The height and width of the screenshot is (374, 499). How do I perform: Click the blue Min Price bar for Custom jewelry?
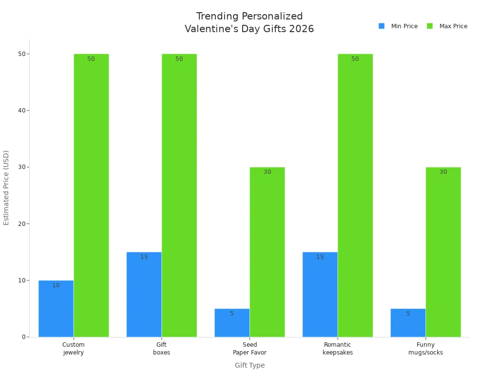click(56, 309)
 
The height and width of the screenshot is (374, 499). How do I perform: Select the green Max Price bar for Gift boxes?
click(179, 195)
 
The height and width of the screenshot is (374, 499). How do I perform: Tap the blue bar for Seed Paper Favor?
click(232, 323)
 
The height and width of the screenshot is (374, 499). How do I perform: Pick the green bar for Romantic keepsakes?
click(355, 195)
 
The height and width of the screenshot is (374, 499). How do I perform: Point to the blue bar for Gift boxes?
click(144, 295)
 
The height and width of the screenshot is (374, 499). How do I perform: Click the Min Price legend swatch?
click(382, 26)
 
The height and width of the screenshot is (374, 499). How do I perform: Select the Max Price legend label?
click(453, 26)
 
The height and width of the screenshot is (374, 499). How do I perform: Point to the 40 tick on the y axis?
click(21, 111)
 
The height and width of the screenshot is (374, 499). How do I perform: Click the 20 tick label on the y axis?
click(21, 224)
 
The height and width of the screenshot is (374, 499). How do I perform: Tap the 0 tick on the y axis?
click(23, 337)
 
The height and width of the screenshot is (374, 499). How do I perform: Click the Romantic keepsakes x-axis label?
click(338, 349)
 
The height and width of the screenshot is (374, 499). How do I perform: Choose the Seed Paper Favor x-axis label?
click(249, 349)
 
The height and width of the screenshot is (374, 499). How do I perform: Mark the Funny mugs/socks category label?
click(425, 349)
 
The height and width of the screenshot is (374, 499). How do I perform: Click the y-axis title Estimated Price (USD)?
click(6, 187)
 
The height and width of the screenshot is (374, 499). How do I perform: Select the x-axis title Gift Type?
click(249, 365)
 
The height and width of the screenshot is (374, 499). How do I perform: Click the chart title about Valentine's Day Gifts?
click(249, 23)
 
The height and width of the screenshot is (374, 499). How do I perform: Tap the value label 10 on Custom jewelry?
click(56, 285)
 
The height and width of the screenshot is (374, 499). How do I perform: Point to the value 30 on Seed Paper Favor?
click(267, 172)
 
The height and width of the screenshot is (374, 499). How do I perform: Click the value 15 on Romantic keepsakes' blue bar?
click(320, 257)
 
